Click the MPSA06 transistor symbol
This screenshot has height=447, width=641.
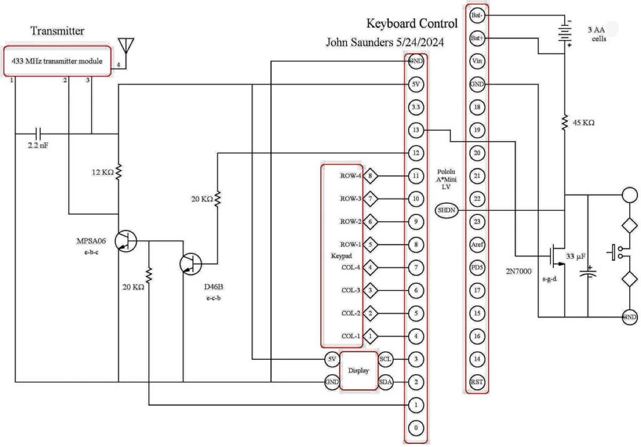126,241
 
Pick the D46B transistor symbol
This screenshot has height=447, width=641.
190,263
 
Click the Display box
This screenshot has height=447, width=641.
358,371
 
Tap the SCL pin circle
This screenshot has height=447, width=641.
386,359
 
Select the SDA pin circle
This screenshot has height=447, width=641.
386,382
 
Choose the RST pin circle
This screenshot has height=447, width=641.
476,382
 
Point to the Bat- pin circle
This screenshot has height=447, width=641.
476,16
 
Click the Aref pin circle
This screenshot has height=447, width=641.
476,244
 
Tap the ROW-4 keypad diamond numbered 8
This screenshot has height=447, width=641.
370,175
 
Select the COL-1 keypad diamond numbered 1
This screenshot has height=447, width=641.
370,336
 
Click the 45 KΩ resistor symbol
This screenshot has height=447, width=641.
565,123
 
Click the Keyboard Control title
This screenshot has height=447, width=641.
411,24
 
